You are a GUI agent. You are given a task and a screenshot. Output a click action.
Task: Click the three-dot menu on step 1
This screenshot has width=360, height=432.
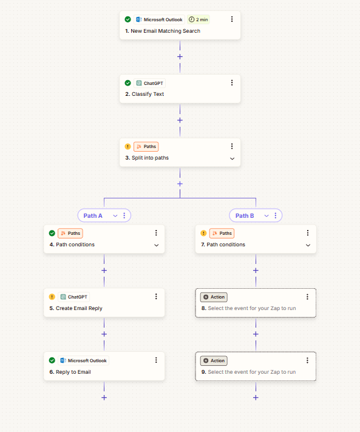pyautogui.click(x=232, y=19)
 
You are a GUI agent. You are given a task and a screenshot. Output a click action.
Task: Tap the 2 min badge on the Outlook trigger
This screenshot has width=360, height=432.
pyautogui.click(x=199, y=19)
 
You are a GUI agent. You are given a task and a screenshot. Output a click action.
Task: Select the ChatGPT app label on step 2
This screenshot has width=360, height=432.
pyautogui.click(x=150, y=83)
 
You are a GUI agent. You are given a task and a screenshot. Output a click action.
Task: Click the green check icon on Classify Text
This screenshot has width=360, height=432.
pyautogui.click(x=127, y=83)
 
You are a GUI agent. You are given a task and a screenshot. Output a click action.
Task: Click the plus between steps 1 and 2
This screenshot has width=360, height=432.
pyautogui.click(x=180, y=57)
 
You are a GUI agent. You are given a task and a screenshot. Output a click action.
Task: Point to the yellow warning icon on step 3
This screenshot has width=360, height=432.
pyautogui.click(x=127, y=147)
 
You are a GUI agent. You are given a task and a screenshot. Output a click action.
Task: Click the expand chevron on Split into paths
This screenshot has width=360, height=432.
pyautogui.click(x=232, y=158)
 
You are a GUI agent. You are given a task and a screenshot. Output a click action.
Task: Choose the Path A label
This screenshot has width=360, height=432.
pyautogui.click(x=93, y=216)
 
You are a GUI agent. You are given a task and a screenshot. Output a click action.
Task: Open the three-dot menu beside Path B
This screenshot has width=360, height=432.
pyautogui.click(x=276, y=215)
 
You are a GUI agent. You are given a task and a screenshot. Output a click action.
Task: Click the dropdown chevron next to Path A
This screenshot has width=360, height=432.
pyautogui.click(x=115, y=216)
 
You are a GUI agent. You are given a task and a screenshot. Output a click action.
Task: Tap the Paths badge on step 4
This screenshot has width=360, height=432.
pyautogui.click(x=70, y=233)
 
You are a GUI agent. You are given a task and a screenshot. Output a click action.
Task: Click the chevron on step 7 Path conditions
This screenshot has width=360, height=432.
pyautogui.click(x=308, y=245)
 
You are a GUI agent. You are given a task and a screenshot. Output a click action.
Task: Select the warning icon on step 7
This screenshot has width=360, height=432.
pyautogui.click(x=203, y=234)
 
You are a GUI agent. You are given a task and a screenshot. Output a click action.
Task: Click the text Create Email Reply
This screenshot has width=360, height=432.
pyautogui.click(x=79, y=308)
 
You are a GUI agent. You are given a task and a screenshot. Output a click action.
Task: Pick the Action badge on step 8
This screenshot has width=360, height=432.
pyautogui.click(x=214, y=297)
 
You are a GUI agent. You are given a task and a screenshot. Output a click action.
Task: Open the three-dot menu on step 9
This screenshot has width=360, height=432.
pyautogui.click(x=307, y=360)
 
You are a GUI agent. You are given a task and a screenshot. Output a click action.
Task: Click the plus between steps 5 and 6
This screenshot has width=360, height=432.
pyautogui.click(x=104, y=334)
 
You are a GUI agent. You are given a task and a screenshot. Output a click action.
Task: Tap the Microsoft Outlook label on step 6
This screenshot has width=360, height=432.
pyautogui.click(x=84, y=360)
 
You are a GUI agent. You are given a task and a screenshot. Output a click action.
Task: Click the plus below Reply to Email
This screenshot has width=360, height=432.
pyautogui.click(x=104, y=397)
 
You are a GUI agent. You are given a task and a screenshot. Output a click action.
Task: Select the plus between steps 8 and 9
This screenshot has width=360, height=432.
pyautogui.click(x=256, y=334)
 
